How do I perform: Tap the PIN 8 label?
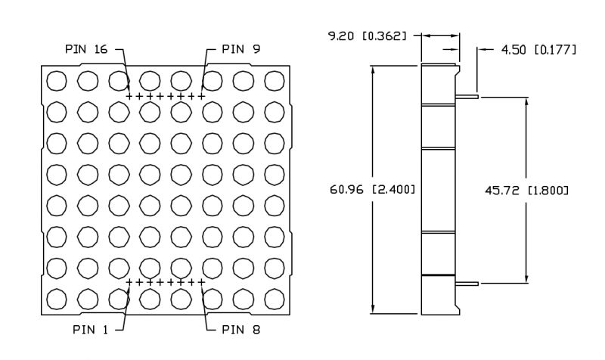tap(243, 330)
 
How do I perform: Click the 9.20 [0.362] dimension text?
tap(368, 36)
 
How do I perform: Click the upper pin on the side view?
tap(468, 96)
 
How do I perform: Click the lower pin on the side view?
tap(468, 284)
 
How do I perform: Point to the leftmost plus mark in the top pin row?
tap(129, 96)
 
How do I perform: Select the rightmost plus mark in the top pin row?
tap(202, 96)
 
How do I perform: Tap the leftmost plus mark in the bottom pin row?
tap(129, 282)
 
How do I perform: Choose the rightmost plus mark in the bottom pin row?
tap(202, 282)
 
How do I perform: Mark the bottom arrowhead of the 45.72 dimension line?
tap(526, 278)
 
